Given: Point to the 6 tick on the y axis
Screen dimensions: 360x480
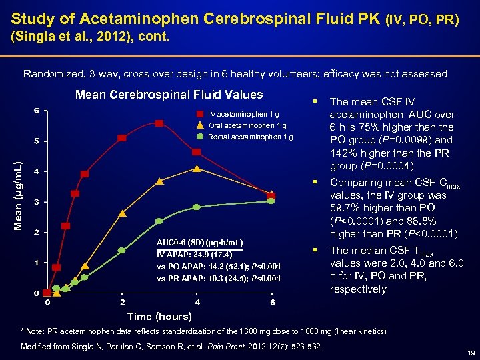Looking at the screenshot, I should (37, 110).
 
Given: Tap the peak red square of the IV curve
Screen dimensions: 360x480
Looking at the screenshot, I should (159, 123).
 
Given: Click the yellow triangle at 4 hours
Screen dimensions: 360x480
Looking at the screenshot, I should (197, 169).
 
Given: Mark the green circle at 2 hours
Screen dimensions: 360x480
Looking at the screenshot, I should (122, 251).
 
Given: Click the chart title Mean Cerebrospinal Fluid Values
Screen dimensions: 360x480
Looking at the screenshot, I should (169, 95).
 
